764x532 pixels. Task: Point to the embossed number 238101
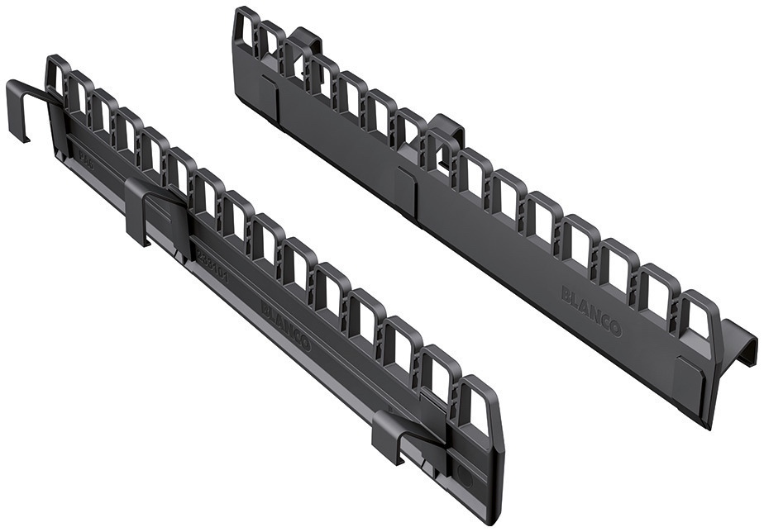[x=212, y=269]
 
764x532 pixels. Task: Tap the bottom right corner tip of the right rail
[x=709, y=425]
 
